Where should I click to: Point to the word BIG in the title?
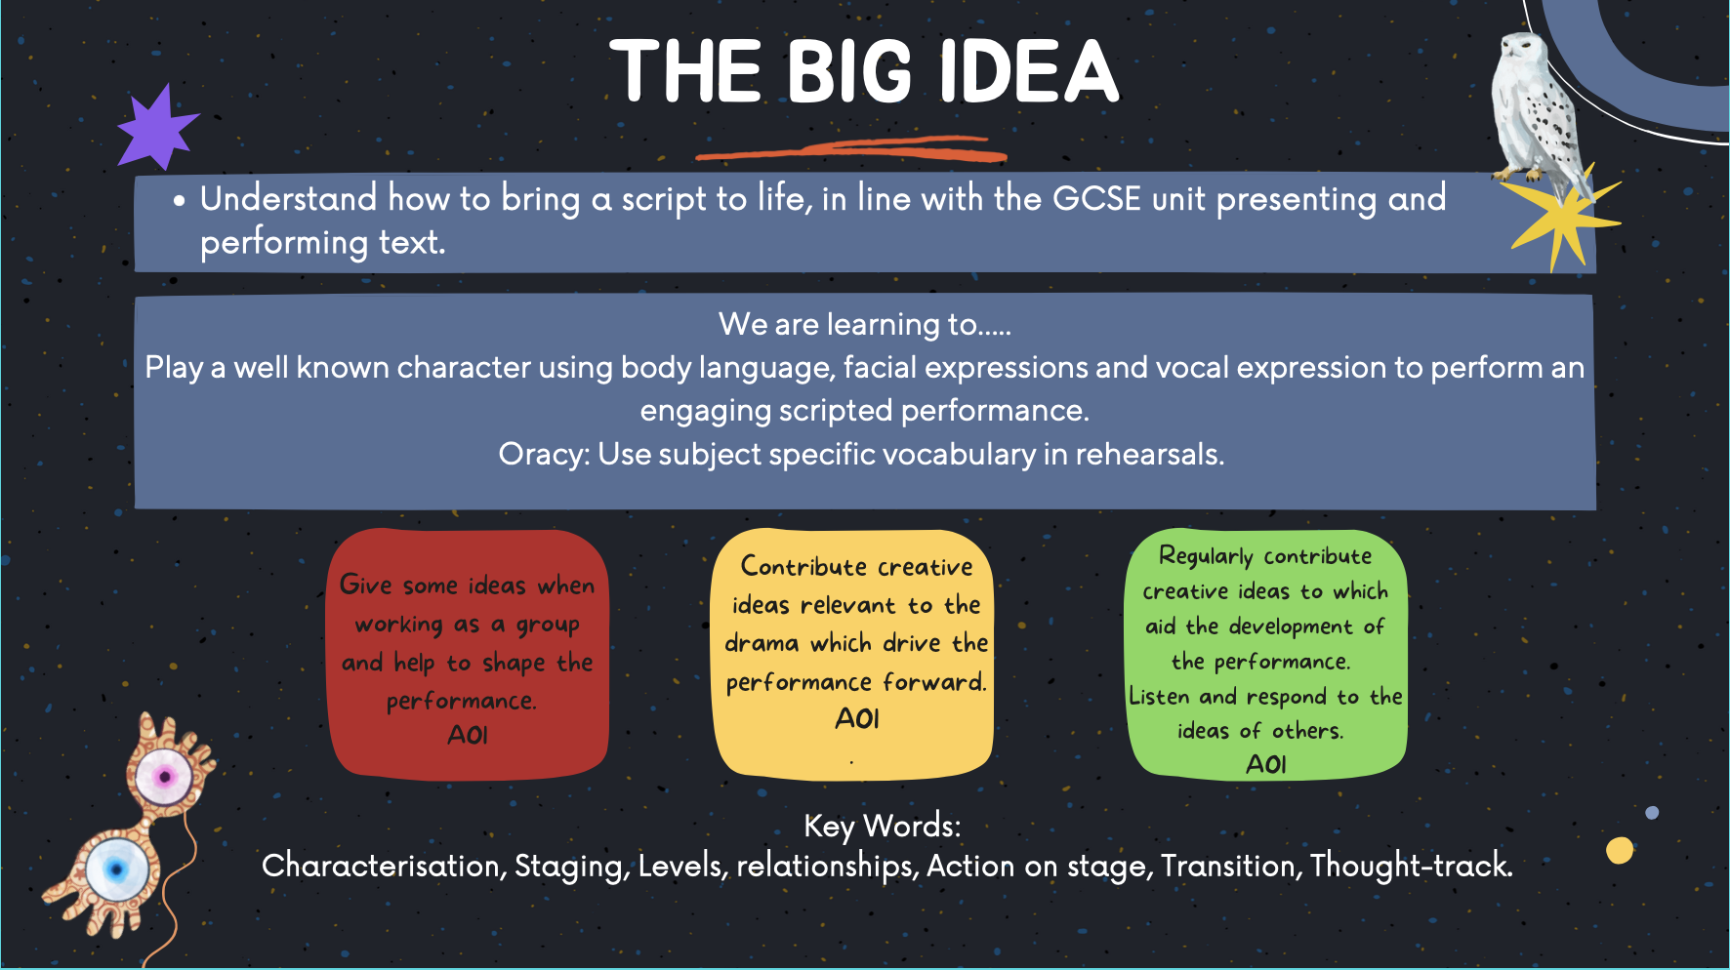coord(849,71)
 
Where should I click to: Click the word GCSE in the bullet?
coord(1096,198)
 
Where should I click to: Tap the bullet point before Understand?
coord(179,202)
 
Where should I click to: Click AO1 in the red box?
coord(468,735)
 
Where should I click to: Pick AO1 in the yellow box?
coord(857,719)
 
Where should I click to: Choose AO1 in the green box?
coord(1266,764)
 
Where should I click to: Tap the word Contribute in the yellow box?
coord(803,566)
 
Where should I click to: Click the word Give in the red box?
coord(365,585)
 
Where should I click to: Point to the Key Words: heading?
coord(883,827)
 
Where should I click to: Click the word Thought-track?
coord(1411,866)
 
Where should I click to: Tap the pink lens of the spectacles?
coord(164,778)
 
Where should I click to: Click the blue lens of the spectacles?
coord(116,869)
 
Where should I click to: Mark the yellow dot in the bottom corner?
coord(1620,850)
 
